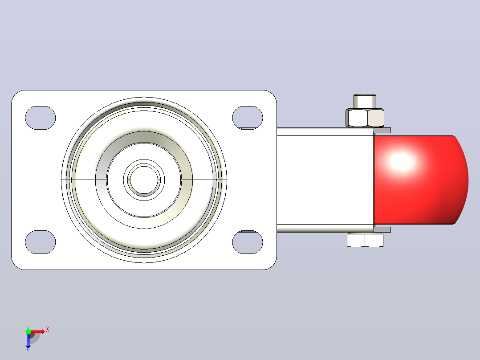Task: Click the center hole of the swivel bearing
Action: (x=144, y=180)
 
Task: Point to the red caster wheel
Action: (x=421, y=180)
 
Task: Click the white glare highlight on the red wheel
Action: (x=402, y=161)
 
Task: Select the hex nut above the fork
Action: (x=365, y=118)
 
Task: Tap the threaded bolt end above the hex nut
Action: (x=365, y=101)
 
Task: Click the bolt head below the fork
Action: (x=365, y=240)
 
